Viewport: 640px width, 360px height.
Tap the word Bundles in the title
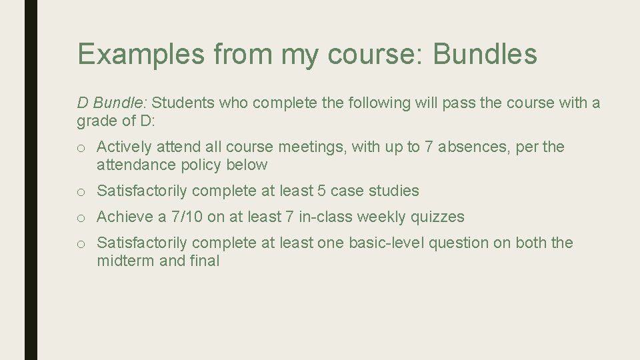(x=485, y=54)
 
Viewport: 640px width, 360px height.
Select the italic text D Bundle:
(x=113, y=103)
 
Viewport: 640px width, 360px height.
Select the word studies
(x=395, y=191)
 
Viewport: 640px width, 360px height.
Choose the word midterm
(x=125, y=261)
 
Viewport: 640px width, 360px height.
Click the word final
(x=204, y=261)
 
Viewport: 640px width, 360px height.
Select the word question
(x=458, y=243)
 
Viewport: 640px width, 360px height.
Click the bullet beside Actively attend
(x=81, y=147)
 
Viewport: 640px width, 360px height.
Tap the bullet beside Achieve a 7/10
(x=81, y=217)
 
